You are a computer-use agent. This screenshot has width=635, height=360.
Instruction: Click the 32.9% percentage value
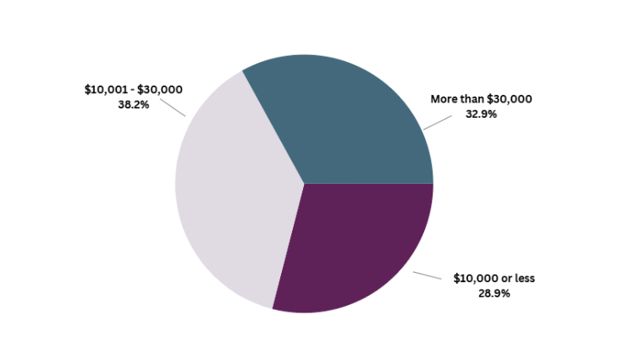point(481,114)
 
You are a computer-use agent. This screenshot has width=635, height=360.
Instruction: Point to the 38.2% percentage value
point(134,105)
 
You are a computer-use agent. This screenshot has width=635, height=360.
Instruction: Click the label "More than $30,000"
point(481,99)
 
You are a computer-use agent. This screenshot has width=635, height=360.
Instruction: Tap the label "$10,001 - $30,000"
point(134,90)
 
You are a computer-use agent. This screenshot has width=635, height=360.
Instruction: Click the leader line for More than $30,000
point(438,122)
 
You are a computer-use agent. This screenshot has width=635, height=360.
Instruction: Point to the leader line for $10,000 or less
point(427,275)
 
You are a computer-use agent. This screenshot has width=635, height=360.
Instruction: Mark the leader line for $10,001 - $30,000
point(173,108)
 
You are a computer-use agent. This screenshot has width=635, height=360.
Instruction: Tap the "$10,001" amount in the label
point(103,90)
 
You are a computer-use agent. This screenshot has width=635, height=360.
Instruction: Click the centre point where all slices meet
point(304,184)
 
